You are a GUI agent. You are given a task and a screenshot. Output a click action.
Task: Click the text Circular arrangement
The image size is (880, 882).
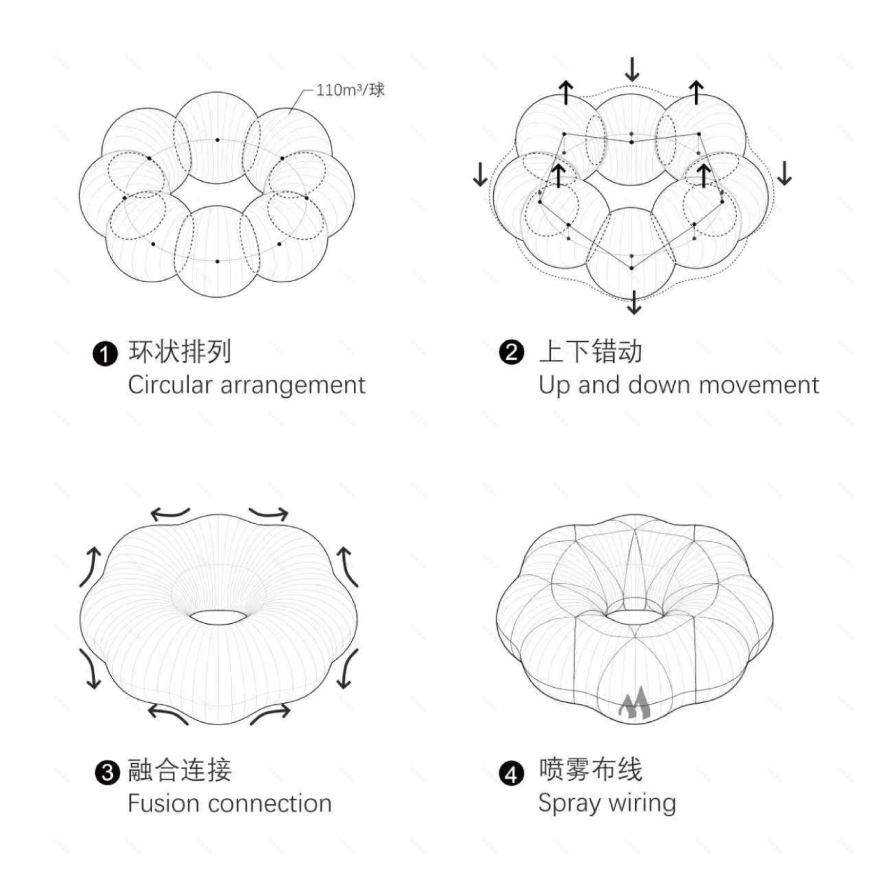coord(246,385)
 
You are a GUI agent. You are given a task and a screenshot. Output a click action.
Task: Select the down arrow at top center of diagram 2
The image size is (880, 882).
coord(631,69)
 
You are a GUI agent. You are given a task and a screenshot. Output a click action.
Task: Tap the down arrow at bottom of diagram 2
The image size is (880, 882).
coord(633,301)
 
